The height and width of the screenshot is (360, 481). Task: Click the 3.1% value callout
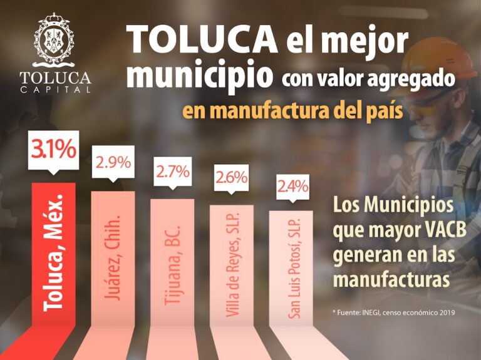tap(54, 151)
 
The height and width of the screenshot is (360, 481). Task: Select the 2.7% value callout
tap(172, 171)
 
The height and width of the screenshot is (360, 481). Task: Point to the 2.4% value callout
tap(291, 185)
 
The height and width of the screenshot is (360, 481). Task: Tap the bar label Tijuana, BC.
tap(172, 262)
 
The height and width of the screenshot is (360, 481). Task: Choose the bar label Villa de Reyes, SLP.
tap(232, 267)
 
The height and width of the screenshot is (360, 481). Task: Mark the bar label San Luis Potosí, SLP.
tap(292, 269)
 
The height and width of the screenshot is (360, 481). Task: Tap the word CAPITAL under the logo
tap(54, 89)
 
